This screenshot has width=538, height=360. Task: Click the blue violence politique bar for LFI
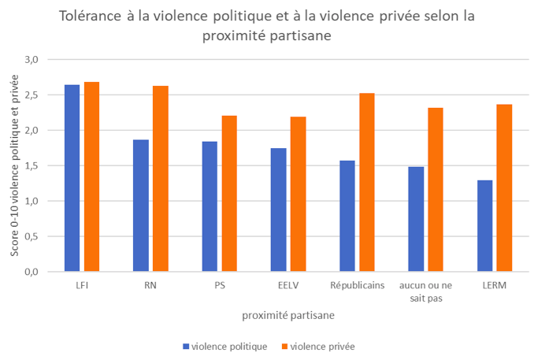click(x=72, y=178)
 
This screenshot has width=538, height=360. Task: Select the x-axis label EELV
click(x=288, y=286)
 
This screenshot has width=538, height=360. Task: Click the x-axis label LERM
click(x=493, y=286)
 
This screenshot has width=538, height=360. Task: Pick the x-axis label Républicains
click(x=356, y=286)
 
